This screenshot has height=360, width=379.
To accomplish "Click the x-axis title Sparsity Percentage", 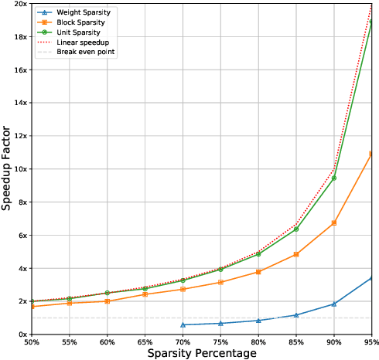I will pos(203,353).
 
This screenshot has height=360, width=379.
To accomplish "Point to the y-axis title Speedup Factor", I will pos(7,168).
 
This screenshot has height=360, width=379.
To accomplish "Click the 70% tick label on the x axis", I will pos(183,340).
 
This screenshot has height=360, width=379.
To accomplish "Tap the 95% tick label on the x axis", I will pos(370,340).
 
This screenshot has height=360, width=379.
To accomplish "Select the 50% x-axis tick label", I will pos(32,340).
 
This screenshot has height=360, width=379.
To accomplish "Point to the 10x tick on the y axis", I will pos(21,168).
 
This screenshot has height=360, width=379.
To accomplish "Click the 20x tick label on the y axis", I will pos(21,4).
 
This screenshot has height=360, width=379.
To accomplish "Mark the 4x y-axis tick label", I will pos(23,268).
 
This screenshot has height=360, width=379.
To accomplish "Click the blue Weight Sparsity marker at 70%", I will pos(183,324).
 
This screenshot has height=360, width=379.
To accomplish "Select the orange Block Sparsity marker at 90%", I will pos(334,222).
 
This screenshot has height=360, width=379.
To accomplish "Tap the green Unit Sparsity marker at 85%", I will pos(296,229).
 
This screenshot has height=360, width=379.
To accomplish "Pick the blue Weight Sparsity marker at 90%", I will pos(334,304).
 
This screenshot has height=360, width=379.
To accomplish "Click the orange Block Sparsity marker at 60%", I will pos(107,301).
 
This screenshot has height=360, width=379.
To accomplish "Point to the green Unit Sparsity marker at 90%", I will pos(334,178).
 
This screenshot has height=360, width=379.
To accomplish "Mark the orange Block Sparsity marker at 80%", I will pos(258,272).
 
